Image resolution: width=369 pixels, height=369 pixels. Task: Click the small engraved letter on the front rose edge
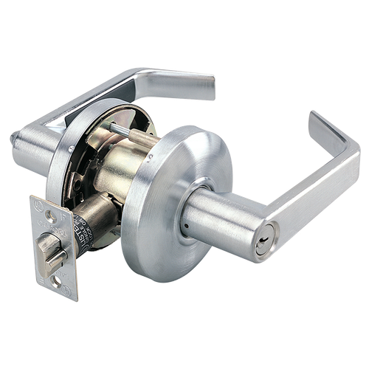pos(152,158)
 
